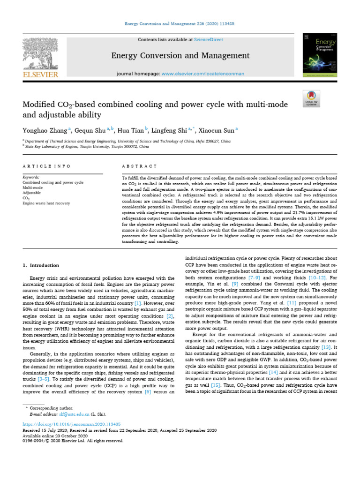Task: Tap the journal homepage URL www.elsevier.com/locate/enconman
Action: point(199,74)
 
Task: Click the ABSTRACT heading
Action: point(139,166)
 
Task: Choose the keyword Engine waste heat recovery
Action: point(46,203)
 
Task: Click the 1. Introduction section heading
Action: point(41,265)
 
